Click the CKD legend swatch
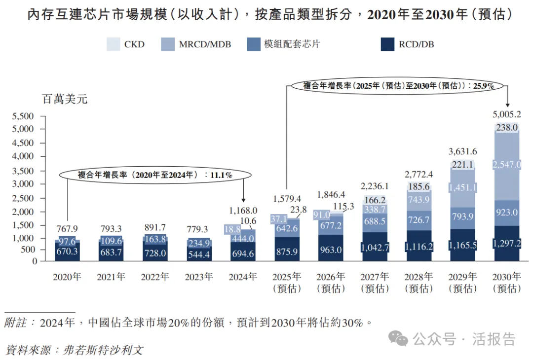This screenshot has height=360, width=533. click(x=113, y=44)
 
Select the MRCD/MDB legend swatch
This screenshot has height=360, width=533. click(x=168, y=44)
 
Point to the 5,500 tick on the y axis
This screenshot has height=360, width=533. click(x=22, y=116)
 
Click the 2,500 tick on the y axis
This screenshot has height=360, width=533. click(x=22, y=198)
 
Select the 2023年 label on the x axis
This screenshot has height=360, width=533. click(x=199, y=277)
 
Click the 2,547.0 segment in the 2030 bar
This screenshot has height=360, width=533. click(x=506, y=165)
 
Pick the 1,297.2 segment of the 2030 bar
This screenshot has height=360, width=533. click(x=506, y=243)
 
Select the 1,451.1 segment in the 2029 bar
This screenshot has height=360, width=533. click(x=462, y=187)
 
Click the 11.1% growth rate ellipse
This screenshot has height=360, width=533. click(x=155, y=175)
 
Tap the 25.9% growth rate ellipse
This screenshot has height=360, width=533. click(x=398, y=85)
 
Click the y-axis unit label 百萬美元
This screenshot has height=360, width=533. click(x=65, y=99)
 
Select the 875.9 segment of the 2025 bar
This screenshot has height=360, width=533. click(x=287, y=251)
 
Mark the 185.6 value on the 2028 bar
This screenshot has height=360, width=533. click(x=419, y=187)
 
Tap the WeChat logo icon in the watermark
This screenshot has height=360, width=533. click(x=398, y=338)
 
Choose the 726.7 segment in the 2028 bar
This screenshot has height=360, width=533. click(x=419, y=220)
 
